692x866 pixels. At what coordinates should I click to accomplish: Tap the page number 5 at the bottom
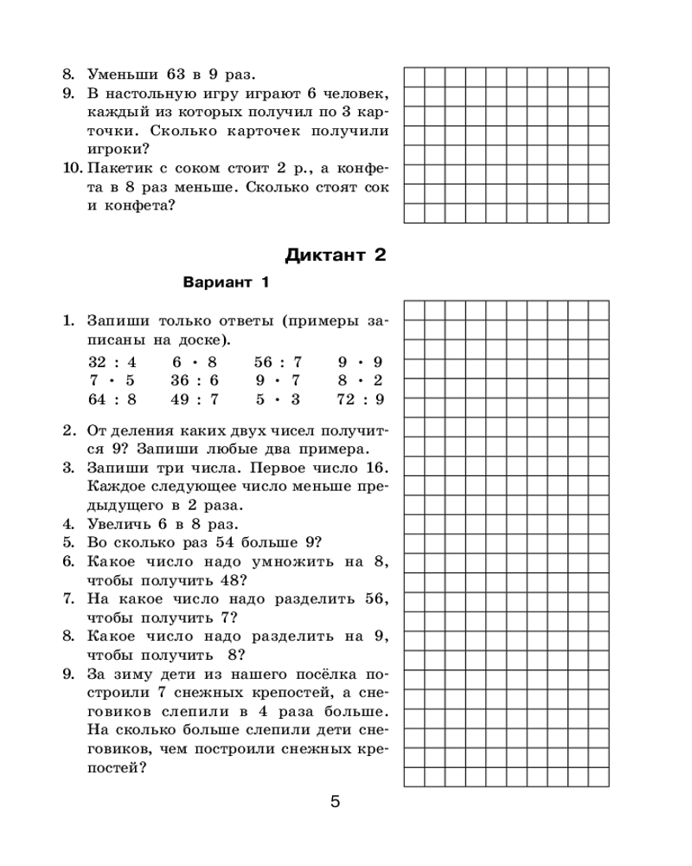[335, 801]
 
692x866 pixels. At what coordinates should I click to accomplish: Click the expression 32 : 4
[106, 362]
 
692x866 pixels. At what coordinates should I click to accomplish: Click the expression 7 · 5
[106, 381]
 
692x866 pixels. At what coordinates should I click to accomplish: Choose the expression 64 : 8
[106, 399]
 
